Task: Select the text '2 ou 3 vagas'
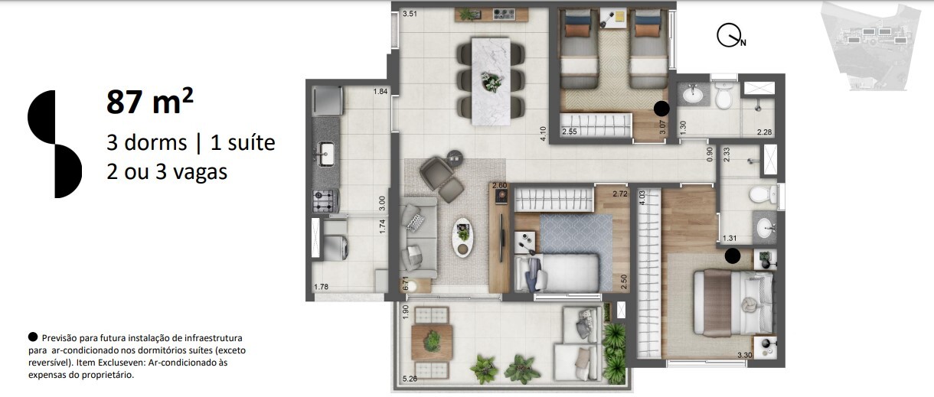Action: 167,172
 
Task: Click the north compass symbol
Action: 730,36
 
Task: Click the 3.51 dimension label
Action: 410,14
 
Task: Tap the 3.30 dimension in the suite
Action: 744,355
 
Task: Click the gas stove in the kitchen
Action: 325,201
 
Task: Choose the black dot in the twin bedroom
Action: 662,109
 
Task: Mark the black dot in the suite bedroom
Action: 733,256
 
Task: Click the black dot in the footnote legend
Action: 32,337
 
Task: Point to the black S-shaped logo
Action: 54,144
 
